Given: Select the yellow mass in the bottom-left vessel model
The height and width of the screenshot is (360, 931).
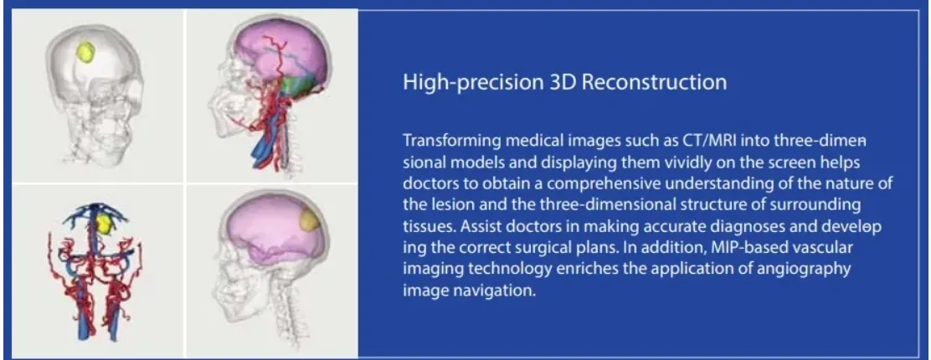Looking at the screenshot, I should [x=104, y=223].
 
